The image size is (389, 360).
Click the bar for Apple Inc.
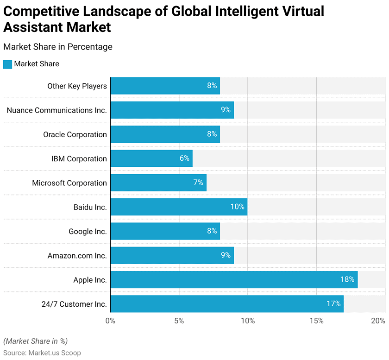234,280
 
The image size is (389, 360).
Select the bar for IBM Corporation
151,158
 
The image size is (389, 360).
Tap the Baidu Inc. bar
179,207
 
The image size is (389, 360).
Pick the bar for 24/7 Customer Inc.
227,304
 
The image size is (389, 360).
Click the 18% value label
347,280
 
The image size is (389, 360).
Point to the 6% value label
184,158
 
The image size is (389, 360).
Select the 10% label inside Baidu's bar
237,207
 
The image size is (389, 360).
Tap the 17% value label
334,304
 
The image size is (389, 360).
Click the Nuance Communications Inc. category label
56,110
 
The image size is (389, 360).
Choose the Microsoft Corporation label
69,183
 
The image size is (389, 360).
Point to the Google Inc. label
88,231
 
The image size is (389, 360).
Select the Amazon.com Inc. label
77,256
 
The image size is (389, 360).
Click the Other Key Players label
77,86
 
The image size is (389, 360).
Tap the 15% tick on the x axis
316,321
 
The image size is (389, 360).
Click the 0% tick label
110,321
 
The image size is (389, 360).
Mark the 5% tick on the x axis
179,321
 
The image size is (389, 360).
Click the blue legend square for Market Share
7,64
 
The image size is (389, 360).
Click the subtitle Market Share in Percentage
58,47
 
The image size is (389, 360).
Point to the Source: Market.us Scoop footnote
42,353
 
